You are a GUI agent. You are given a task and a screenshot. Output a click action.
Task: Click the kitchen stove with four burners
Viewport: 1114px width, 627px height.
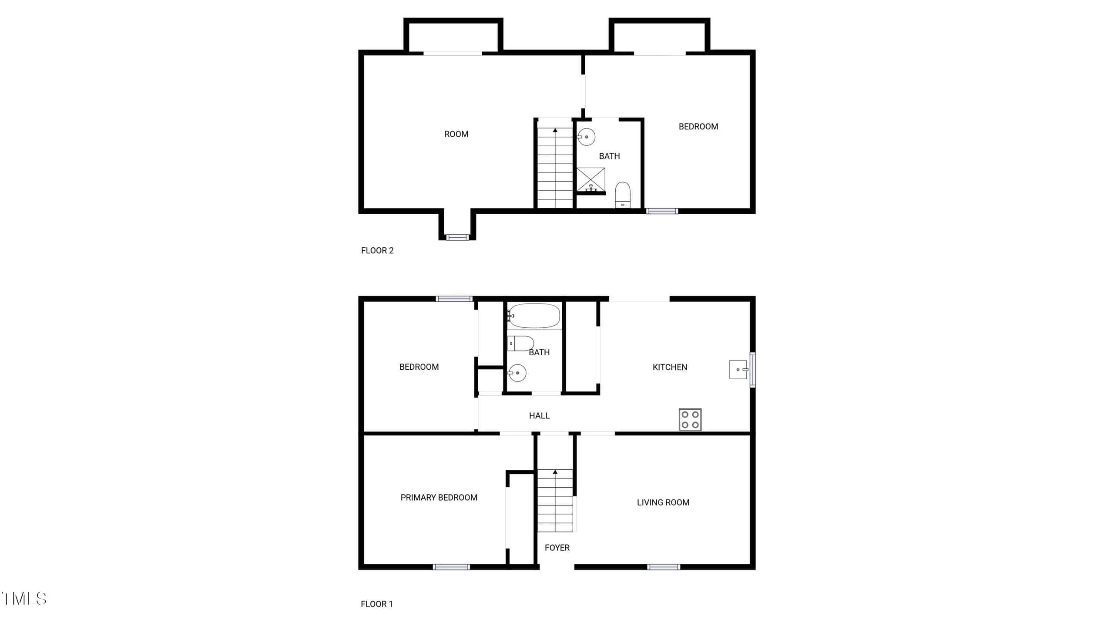coord(690,420)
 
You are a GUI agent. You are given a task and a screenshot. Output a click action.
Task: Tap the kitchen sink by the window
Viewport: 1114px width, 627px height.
coord(738,369)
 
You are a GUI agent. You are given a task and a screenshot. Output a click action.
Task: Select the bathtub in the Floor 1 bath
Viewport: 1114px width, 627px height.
coord(534,316)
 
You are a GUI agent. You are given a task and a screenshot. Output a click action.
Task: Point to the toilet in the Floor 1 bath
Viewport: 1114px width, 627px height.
coord(520,344)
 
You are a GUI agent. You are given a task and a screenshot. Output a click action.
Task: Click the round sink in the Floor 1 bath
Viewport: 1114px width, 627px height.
coord(517,373)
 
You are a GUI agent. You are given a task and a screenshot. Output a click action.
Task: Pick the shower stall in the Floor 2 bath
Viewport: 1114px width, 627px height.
coord(591,180)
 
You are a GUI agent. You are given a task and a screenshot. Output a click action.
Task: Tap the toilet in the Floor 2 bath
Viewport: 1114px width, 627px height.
coord(623,195)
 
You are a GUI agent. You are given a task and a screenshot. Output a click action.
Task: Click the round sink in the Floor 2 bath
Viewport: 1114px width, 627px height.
coord(586,137)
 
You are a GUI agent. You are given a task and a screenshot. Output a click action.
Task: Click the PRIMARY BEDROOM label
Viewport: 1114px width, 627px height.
coord(439,497)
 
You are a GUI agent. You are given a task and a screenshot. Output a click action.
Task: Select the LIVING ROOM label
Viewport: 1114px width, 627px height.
coord(663,502)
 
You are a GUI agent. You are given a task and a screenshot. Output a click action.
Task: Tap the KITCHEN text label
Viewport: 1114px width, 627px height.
coord(670,367)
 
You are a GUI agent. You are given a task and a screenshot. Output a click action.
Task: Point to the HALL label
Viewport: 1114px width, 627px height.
coord(539,416)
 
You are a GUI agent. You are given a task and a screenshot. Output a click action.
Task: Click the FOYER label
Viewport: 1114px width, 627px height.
coord(557,548)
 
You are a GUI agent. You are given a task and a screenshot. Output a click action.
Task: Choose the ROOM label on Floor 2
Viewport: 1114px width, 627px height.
coord(456,134)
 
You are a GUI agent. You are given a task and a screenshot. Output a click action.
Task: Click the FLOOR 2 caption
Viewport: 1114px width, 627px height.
coord(377,250)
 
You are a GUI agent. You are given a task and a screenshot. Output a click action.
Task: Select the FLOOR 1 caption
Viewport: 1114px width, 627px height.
coord(377,604)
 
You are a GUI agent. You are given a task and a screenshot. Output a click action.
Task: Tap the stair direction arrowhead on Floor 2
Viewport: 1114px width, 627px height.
coord(555,130)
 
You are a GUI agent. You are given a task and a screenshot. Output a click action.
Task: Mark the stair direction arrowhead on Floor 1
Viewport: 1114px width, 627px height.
coord(555,472)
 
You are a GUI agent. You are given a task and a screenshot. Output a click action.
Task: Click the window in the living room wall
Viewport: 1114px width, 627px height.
coord(663,567)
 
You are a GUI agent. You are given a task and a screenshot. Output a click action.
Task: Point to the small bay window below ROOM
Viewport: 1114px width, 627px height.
coord(457,237)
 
